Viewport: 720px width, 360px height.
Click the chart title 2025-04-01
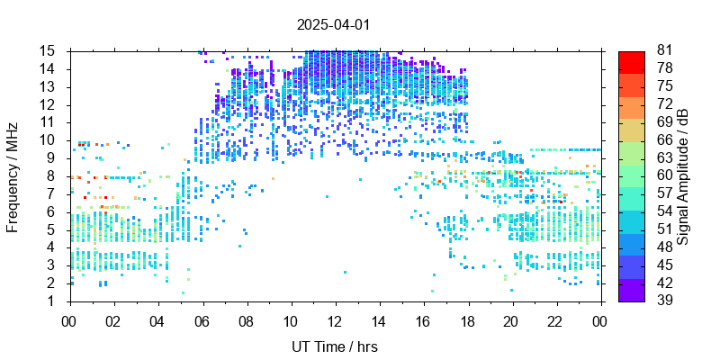click(x=333, y=24)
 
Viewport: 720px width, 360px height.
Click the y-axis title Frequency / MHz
click(x=13, y=175)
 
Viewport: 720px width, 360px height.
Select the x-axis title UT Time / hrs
click(x=335, y=346)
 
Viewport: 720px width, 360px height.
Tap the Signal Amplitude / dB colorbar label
click(x=684, y=175)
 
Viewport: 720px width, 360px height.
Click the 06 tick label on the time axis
click(x=202, y=320)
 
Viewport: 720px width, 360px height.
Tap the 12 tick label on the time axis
click(x=335, y=320)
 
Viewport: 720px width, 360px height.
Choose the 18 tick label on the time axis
click(x=467, y=320)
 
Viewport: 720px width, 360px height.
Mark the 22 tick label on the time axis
click(x=555, y=320)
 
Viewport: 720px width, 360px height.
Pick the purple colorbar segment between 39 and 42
click(x=632, y=292)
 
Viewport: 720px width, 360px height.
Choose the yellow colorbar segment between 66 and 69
click(x=632, y=130)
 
